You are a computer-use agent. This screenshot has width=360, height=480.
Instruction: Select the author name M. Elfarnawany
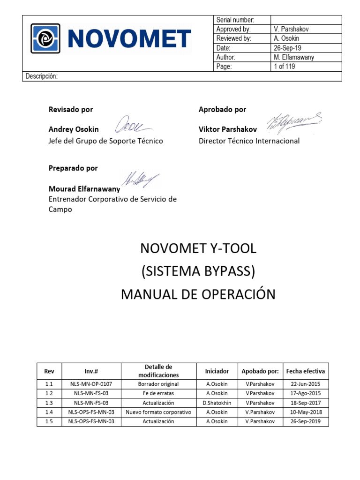293,57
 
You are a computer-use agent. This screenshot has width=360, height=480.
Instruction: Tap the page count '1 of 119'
284,67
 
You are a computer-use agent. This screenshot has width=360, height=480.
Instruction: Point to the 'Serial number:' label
235,20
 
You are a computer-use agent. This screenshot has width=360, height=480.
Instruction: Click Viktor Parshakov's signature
294,122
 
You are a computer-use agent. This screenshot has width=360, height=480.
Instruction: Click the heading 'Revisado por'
71,109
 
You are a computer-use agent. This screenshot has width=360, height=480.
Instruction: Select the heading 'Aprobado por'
222,109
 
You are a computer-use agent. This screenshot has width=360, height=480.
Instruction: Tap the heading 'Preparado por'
73,168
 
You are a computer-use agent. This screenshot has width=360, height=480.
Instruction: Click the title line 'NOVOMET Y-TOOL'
198,249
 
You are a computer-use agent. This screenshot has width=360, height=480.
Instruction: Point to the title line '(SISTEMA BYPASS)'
198,271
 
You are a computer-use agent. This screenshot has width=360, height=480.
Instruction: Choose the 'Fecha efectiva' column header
305,371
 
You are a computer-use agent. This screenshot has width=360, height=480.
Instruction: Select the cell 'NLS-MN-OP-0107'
91,384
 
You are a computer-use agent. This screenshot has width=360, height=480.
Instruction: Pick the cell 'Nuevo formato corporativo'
158,412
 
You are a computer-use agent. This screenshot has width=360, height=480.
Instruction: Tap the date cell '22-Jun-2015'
305,384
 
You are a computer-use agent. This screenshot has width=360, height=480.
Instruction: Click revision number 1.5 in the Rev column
49,421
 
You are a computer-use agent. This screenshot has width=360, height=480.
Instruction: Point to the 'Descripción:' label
41,76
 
